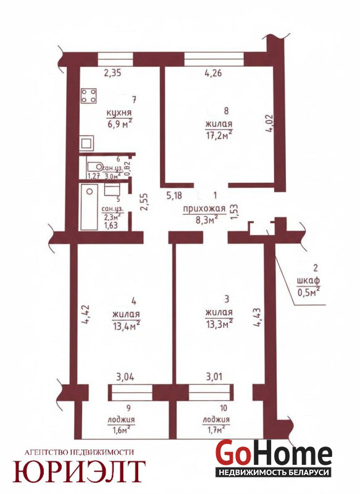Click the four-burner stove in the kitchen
point(89,96)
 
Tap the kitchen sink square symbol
point(86,144)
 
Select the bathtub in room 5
point(89,207)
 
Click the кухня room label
point(119,113)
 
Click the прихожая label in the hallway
point(204,209)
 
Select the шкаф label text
point(308,280)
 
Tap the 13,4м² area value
point(126,326)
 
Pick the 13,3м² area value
point(219,324)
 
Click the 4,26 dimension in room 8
point(213,73)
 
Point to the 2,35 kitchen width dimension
point(112,73)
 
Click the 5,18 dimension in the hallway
point(174,196)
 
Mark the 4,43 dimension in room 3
point(257,318)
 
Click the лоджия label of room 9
point(121,420)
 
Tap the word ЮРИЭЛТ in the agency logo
point(79,472)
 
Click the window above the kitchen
point(115,59)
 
